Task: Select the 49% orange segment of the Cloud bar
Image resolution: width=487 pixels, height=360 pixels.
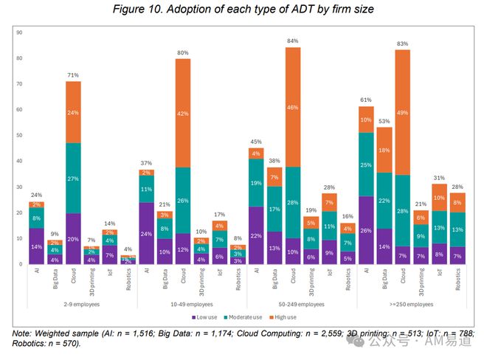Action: point(402,112)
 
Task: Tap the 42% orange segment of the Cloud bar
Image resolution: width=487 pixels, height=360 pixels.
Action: point(183,113)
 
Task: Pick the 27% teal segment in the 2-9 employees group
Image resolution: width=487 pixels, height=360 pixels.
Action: point(74,179)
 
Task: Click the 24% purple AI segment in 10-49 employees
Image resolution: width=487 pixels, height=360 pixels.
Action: point(147,233)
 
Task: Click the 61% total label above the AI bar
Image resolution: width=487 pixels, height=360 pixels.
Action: point(366,100)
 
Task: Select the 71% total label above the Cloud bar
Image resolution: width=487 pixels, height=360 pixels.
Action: point(74,75)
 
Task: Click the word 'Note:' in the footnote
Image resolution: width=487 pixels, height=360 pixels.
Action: point(25,333)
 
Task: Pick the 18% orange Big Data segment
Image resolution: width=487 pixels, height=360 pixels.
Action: point(384,150)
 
